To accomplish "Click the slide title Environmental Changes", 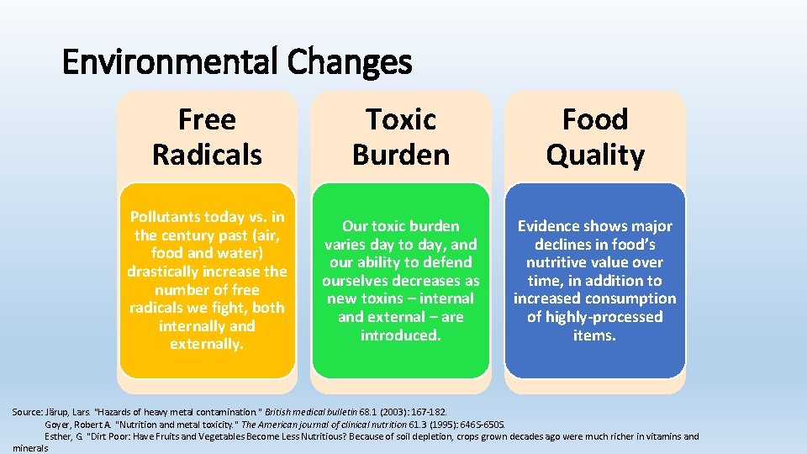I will pyautogui.click(x=237, y=61).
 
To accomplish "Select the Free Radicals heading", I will pyautogui.click(x=207, y=137).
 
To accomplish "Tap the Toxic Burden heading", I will pyautogui.click(x=401, y=137).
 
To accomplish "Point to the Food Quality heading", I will pyautogui.click(x=595, y=137).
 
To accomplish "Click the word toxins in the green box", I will pyautogui.click(x=383, y=298).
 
